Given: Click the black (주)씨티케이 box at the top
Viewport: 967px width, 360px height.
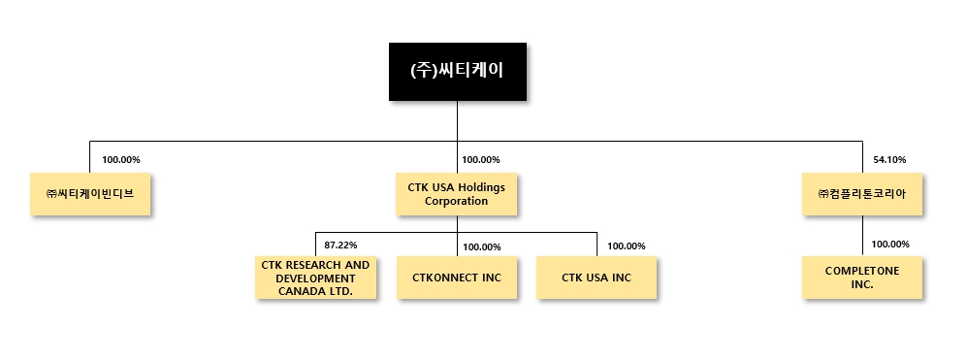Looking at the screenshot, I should tap(457, 71).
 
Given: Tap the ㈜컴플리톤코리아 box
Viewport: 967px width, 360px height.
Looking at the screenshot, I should tap(862, 193).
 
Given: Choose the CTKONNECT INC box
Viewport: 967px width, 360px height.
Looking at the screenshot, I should tap(457, 278).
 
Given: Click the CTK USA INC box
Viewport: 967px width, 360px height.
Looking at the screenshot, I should tap(596, 278).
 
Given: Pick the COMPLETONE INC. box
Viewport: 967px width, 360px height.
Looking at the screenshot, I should tap(862, 278).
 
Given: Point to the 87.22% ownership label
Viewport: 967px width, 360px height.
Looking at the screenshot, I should tap(340, 245).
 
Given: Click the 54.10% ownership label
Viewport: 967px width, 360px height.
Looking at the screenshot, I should tap(889, 159).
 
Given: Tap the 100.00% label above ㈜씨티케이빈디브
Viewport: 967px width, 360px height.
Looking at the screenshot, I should tap(121, 159).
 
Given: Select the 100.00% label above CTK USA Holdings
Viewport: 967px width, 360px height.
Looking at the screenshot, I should tap(481, 159).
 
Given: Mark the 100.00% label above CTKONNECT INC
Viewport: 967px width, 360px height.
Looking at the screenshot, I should tap(482, 246).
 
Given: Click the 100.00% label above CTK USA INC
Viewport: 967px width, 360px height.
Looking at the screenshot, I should tap(626, 246).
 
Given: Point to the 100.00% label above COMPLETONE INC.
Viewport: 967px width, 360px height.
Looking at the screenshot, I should tap(890, 245).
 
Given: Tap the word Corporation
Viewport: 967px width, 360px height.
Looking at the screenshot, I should tap(457, 201).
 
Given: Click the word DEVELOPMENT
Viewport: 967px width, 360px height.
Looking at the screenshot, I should tap(315, 278).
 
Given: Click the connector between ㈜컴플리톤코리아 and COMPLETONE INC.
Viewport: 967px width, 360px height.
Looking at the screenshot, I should tap(862, 236).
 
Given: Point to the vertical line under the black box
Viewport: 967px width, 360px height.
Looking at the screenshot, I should tap(457, 121).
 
